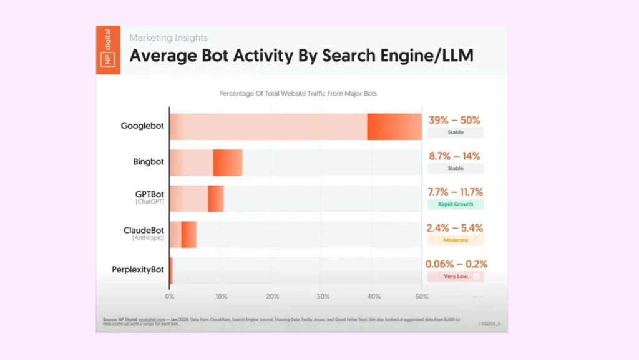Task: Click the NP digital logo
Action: point(108,50)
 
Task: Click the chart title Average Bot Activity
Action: point(301,56)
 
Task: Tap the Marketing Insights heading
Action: point(168,38)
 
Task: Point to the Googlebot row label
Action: point(142,126)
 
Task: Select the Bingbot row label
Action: point(148,162)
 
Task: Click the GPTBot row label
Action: point(149,194)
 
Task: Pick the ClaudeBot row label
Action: point(144,231)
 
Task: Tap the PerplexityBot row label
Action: point(138,270)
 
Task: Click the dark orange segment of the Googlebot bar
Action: point(394,127)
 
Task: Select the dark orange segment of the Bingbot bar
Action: point(227,162)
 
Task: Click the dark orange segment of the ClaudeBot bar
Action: point(188,234)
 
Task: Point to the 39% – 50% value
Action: point(454,120)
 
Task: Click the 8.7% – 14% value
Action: point(454,156)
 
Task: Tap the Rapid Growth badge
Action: point(455,204)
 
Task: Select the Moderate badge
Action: point(455,240)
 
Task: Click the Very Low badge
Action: point(455,276)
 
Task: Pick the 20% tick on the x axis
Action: point(272,297)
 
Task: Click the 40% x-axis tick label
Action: point(374,297)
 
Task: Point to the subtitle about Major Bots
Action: point(298,94)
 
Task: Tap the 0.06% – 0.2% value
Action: point(456,264)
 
